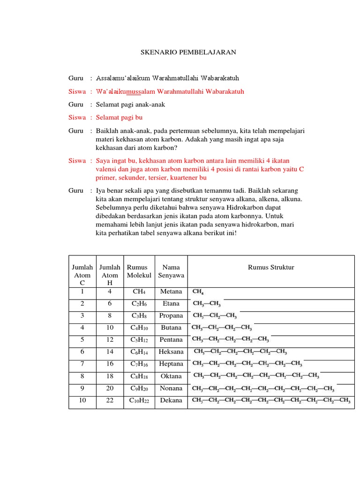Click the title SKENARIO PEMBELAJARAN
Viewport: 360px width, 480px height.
tap(188, 53)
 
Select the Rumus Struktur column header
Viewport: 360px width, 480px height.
tap(271, 267)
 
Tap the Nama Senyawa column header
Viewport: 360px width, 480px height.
tap(171, 271)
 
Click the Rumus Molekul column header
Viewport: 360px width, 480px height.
tap(139, 271)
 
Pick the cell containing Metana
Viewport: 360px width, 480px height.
tap(171, 292)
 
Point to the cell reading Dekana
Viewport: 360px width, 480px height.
tap(171, 400)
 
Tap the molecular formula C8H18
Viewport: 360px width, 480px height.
tap(139, 376)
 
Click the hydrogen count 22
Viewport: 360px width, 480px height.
tap(110, 400)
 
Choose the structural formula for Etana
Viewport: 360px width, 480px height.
tap(207, 304)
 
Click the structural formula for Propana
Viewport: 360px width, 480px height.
tap(215, 315)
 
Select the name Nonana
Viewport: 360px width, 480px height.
tap(171, 388)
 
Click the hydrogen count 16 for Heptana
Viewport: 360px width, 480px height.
tap(110, 364)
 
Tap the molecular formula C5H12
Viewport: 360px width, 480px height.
tap(139, 340)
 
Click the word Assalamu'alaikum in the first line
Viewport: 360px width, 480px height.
tap(121, 78)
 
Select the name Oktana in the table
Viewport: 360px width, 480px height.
tap(171, 376)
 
